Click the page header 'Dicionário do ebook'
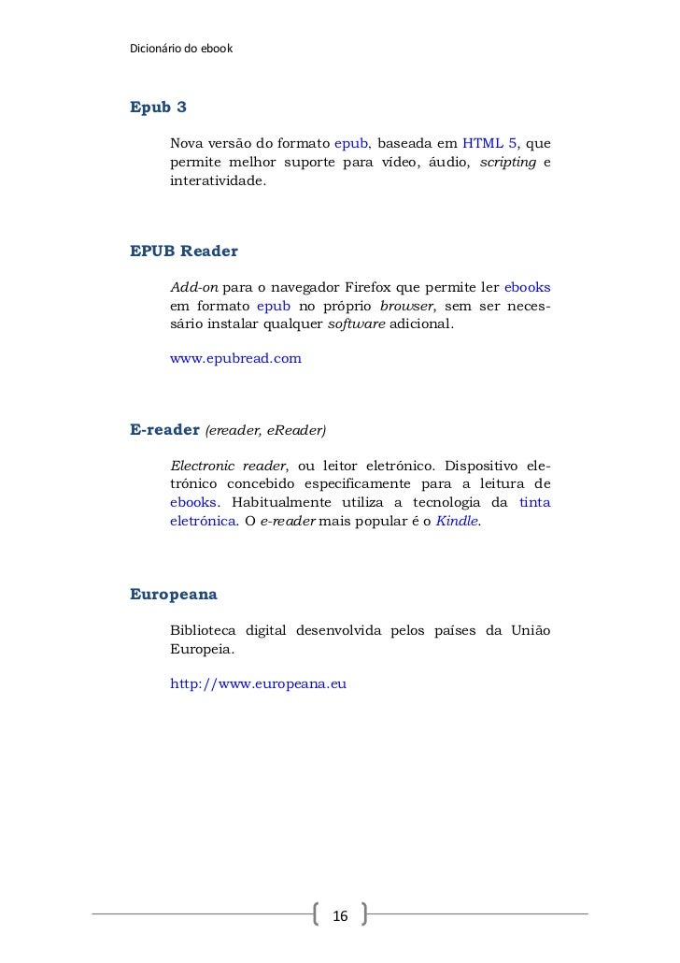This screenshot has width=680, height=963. tap(179, 48)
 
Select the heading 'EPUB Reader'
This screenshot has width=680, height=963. tap(184, 251)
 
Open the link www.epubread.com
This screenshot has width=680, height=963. tap(235, 358)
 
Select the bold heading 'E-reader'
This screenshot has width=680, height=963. tap(164, 430)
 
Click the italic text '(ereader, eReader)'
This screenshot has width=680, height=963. tap(265, 431)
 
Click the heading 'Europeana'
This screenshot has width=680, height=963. tap(174, 594)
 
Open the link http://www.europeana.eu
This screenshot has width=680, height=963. tap(258, 683)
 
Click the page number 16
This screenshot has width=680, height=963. tap(340, 913)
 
